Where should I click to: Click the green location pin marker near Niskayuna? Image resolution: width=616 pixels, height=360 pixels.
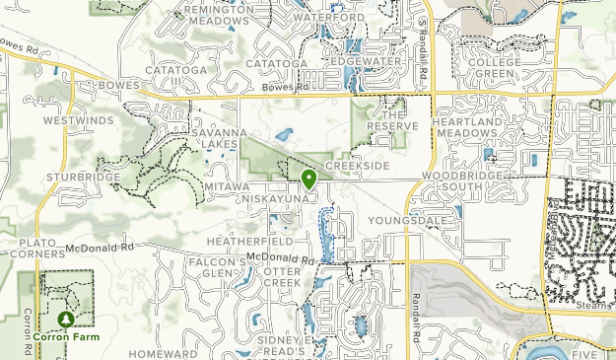tap(308, 179)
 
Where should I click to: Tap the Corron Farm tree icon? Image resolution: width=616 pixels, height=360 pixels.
tap(66, 320)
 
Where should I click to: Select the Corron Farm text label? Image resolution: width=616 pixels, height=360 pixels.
tap(66, 336)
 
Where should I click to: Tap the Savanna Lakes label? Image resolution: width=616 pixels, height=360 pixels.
tap(214, 138)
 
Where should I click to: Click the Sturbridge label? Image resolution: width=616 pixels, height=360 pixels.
tap(83, 178)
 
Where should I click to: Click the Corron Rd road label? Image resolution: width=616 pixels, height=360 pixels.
tap(28, 330)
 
